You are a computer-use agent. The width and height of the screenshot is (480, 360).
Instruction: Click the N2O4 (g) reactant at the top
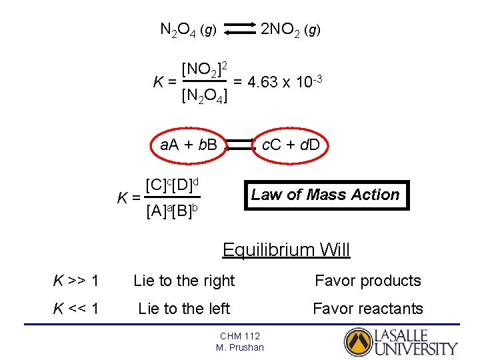(187, 29)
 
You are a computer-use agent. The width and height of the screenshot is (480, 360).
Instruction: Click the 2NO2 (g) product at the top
(291, 29)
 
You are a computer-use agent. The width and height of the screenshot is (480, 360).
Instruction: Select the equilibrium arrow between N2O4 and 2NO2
(240, 29)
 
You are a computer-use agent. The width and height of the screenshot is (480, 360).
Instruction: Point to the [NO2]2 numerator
(205, 69)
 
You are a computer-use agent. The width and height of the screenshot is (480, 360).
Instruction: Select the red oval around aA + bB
(189, 145)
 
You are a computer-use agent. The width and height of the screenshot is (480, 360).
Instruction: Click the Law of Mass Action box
(325, 195)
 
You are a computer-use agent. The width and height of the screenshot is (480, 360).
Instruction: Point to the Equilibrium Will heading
(286, 250)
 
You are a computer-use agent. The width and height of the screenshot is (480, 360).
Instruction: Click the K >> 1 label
(76, 281)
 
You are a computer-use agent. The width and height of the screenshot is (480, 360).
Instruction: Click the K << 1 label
(76, 309)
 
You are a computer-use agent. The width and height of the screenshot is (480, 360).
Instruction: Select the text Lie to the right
(184, 281)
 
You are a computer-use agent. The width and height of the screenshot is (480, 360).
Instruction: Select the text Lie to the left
(184, 309)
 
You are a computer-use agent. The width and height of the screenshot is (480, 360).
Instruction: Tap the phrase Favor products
(368, 281)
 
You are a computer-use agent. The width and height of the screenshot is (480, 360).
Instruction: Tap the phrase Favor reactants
(368, 309)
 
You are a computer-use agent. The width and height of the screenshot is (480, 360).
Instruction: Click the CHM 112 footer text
(240, 336)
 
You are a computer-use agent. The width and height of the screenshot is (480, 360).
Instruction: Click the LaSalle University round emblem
(357, 342)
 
